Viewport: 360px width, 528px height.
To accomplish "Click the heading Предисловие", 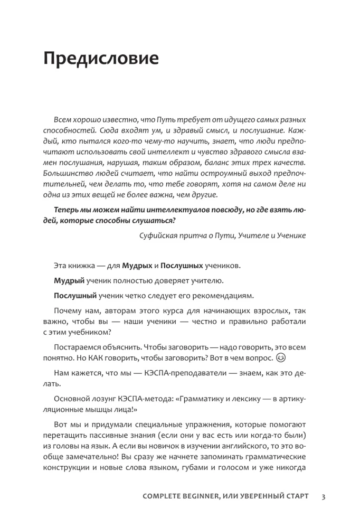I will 100,58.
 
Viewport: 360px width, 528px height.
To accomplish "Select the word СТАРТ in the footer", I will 296,496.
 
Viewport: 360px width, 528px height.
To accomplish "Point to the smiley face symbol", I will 280,359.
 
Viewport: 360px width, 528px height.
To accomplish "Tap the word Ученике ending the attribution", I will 290,235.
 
